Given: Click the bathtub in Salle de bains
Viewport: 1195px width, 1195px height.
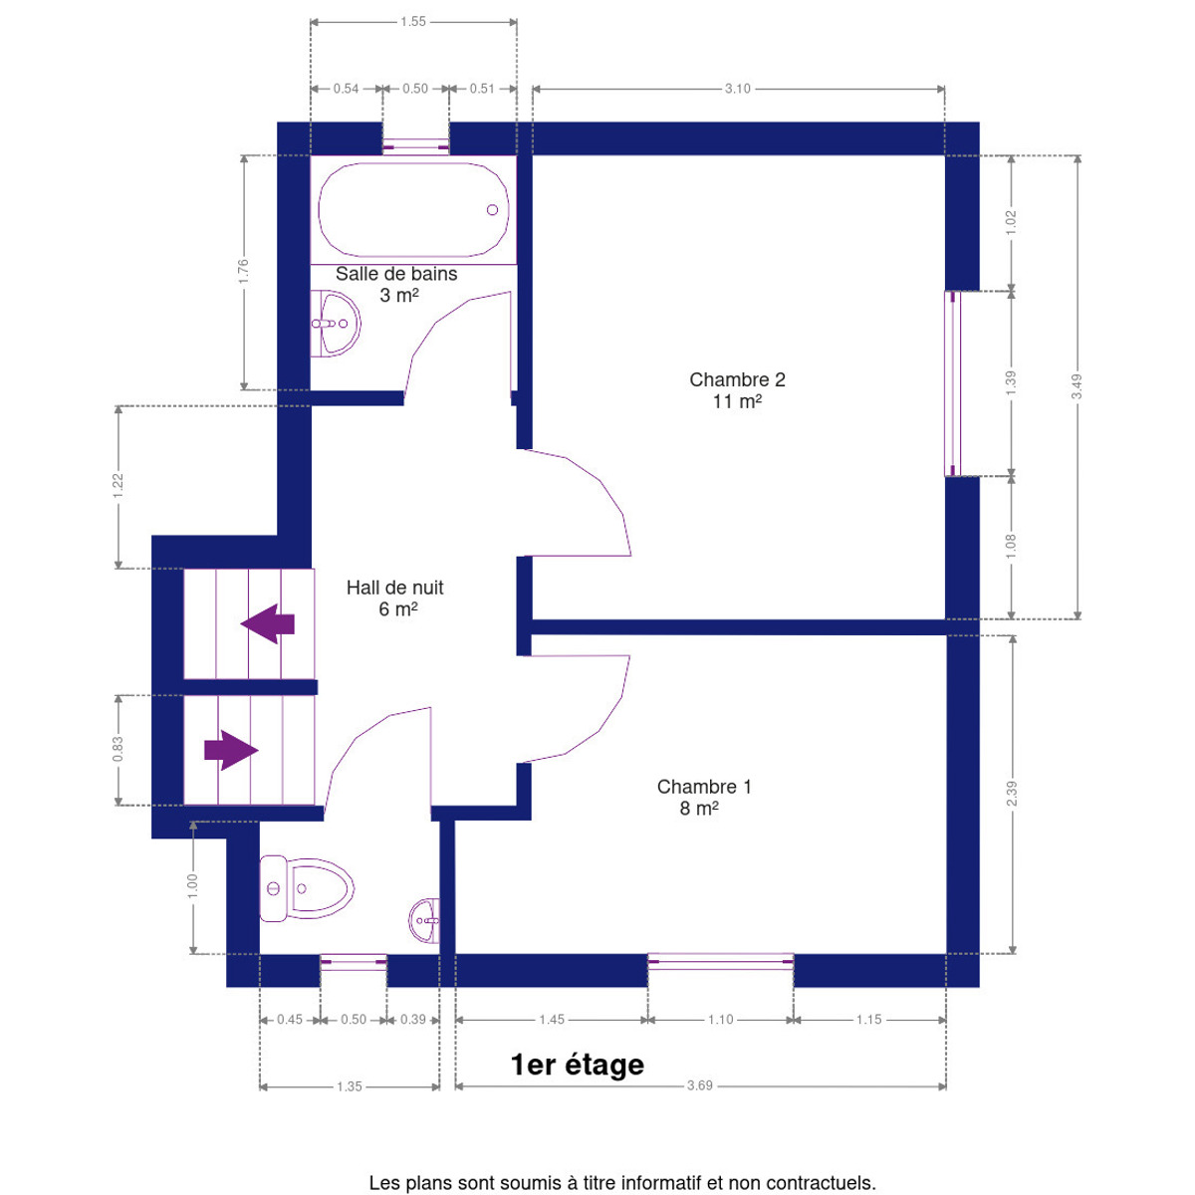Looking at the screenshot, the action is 413,209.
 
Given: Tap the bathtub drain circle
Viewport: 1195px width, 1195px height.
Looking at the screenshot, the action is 492,209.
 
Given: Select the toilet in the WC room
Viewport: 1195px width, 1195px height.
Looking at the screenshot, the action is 307,888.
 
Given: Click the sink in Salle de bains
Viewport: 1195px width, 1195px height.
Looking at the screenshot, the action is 335,323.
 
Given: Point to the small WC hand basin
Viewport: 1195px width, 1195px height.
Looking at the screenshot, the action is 425,920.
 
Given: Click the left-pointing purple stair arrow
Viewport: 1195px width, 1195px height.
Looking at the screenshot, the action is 267,623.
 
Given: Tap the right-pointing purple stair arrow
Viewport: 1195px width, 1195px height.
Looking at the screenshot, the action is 231,751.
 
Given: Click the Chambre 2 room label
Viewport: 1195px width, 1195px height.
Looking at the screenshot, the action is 737,390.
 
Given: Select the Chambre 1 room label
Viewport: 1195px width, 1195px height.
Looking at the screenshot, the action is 704,797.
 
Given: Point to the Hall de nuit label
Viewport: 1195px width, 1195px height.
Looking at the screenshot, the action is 395,597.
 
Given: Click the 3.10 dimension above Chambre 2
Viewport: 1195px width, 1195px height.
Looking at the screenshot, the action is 738,89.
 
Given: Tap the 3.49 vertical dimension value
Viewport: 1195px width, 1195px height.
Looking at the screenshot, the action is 1077,386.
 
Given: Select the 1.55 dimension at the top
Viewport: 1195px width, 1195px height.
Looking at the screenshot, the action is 413,22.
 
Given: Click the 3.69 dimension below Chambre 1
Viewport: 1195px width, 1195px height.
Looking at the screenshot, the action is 699,1085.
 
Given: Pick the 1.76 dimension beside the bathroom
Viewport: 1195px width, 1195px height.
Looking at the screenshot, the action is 243,272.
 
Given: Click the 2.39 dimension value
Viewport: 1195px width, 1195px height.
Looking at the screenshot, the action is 1012,794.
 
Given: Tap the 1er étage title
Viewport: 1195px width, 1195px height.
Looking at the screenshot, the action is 578,1065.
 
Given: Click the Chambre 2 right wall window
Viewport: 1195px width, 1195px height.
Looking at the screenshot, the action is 953,383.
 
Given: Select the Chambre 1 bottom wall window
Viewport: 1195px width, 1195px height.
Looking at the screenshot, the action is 721,961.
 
